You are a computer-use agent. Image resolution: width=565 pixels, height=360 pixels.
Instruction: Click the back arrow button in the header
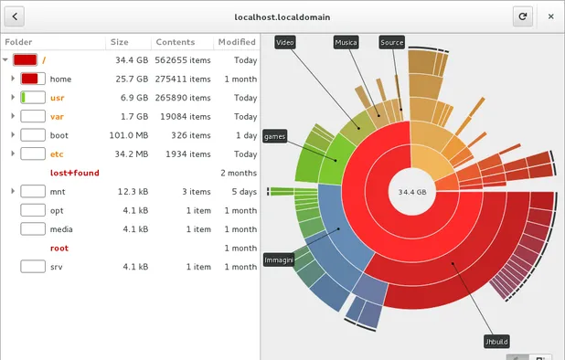coord(16,16)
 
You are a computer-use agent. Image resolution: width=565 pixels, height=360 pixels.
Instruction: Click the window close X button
coord(549,16)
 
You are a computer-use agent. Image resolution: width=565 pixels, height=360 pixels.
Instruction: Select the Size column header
coord(120,42)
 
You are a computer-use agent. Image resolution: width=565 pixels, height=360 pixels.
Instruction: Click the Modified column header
coord(236,42)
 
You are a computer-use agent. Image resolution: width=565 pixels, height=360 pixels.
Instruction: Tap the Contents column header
coord(175,42)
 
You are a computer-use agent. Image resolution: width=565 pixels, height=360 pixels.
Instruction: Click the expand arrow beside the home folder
coord(13,79)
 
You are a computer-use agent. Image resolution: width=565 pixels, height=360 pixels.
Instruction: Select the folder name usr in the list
coord(57,98)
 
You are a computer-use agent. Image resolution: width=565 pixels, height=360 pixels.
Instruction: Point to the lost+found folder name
coord(74,173)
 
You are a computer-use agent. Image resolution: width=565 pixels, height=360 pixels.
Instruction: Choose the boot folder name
coord(59,135)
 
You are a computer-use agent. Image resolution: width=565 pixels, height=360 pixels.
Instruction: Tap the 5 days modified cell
coord(244,192)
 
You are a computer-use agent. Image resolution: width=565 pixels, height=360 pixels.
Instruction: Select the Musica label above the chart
coord(345,43)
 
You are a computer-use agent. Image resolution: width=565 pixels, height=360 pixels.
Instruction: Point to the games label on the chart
coord(274,136)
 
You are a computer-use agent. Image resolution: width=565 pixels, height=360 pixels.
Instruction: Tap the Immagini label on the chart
coord(278,260)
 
